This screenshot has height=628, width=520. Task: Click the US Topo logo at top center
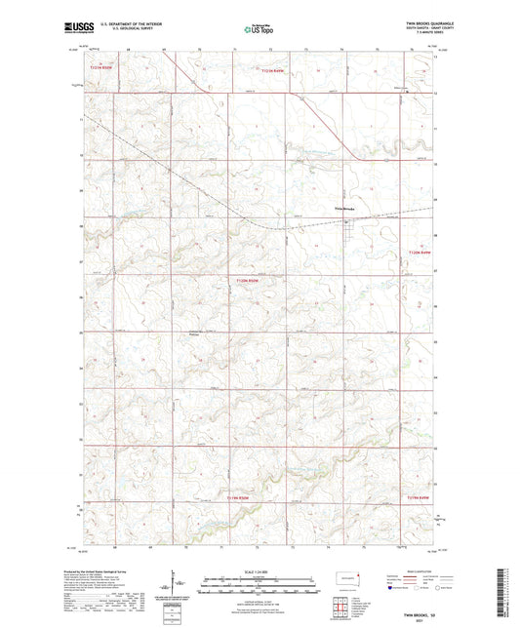[260, 30]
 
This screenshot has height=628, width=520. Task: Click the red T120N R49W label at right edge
[417, 253]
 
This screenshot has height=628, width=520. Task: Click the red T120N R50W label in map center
[249, 280]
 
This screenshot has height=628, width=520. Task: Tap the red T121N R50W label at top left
[100, 69]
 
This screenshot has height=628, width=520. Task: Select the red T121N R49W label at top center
[278, 69]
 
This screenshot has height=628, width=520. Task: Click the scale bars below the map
[259, 582]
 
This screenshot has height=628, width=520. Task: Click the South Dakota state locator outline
[345, 577]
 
